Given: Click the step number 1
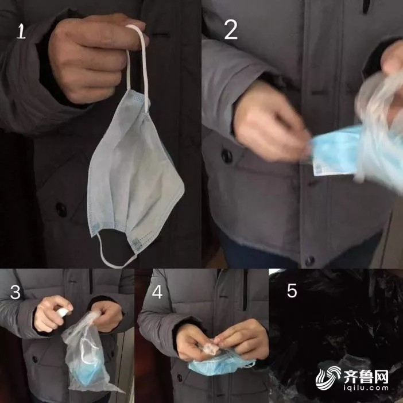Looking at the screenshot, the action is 21,31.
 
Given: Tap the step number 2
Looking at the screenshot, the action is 231,30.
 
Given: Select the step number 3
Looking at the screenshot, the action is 15,292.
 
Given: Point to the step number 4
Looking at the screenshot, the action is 157,292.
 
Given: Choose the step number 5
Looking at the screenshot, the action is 292,290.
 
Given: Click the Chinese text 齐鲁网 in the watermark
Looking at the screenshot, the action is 366,377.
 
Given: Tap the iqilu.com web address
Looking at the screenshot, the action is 366,388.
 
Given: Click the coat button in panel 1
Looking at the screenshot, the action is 61,210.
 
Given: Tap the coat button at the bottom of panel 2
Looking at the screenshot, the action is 309,261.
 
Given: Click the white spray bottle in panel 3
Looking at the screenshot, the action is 63,312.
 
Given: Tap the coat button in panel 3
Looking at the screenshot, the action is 34,359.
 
